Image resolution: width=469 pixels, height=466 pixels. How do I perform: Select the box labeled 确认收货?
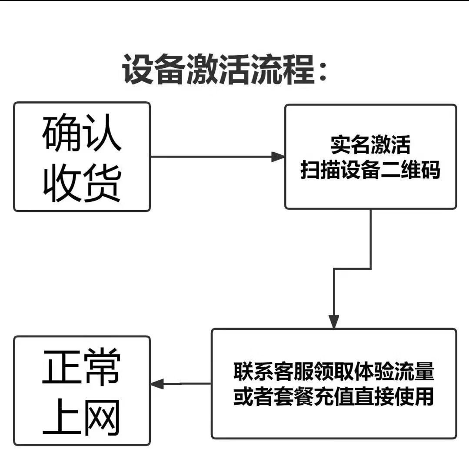pos(82,157)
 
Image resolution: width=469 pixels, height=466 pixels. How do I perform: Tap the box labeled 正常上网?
pos(82,390)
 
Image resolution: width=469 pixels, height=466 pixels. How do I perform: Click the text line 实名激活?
pos(370,145)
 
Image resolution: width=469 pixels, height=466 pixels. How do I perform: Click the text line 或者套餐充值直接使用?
pos(334,397)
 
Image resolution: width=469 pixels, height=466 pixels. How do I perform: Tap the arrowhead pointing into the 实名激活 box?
pos(278,157)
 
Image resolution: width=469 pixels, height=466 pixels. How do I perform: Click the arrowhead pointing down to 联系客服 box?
pos(333,321)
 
